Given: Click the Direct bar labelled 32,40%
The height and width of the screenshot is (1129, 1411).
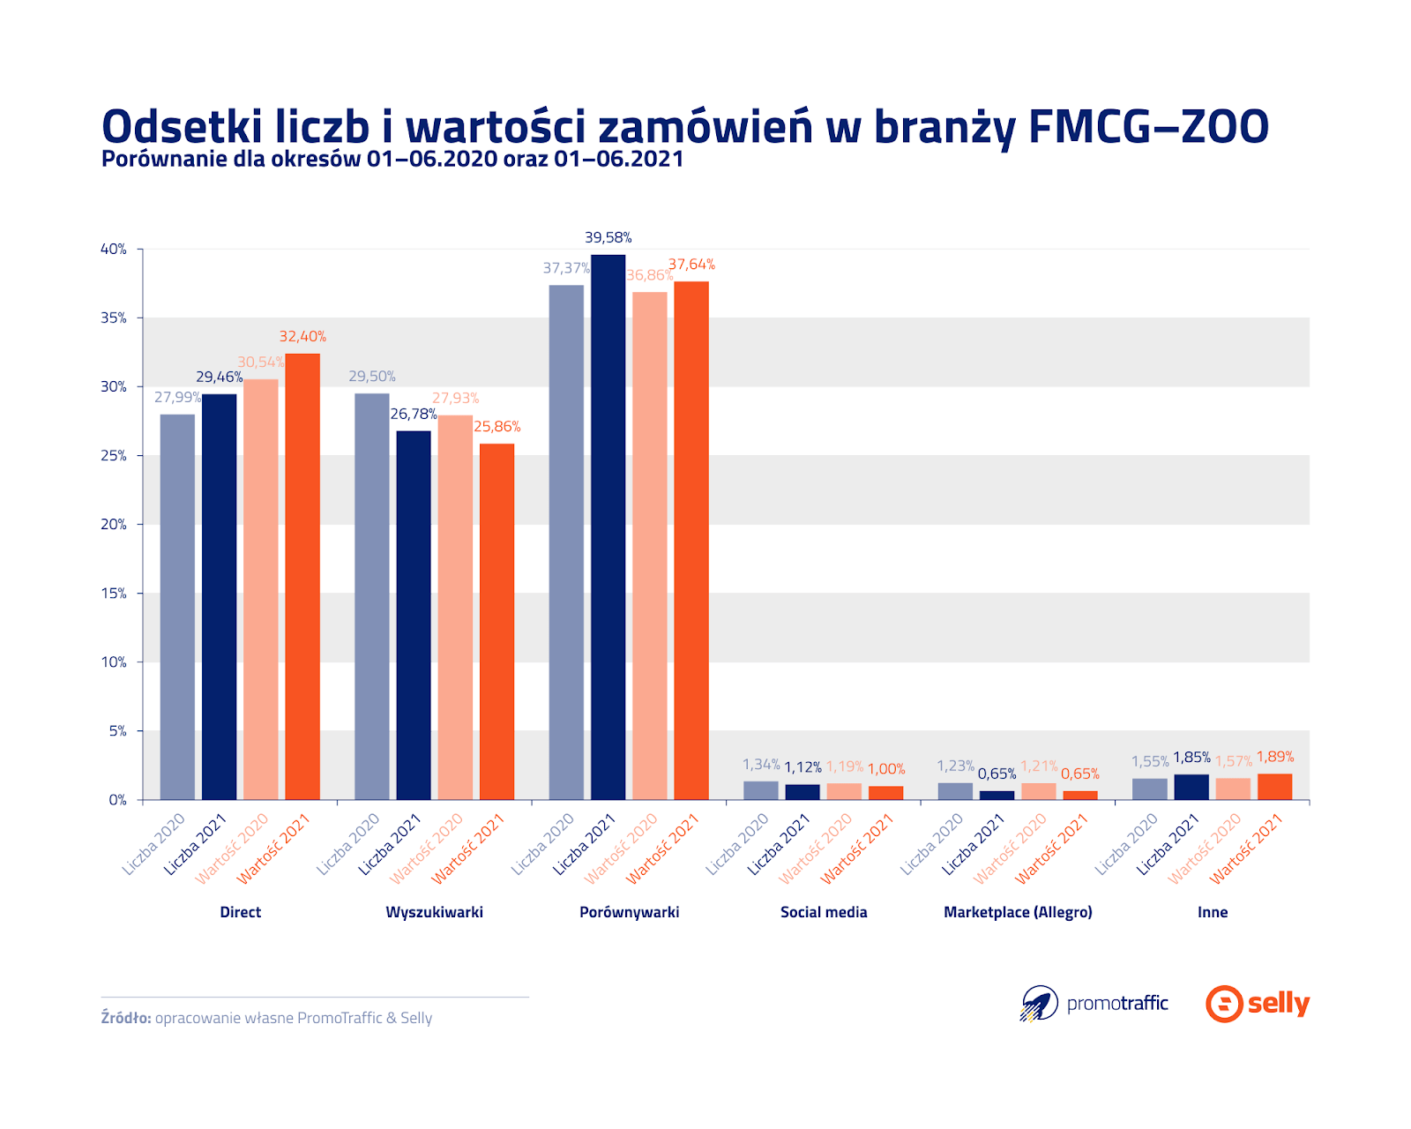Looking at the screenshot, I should pyautogui.click(x=302, y=577).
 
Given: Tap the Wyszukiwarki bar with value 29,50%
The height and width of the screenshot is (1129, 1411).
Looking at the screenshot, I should pyautogui.click(x=371, y=596).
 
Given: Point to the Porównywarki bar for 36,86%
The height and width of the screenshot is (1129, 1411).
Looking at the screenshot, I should pyautogui.click(x=649, y=546).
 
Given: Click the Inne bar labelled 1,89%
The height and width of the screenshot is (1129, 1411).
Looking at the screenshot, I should pyautogui.click(x=1274, y=787).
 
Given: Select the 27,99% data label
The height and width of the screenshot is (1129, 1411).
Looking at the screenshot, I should pyautogui.click(x=177, y=398).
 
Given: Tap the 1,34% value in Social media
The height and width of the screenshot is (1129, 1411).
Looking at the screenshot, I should pyautogui.click(x=760, y=765).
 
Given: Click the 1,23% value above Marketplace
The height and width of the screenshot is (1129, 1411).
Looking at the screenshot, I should pyautogui.click(x=955, y=766).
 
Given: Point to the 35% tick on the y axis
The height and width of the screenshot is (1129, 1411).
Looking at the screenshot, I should pyautogui.click(x=114, y=318).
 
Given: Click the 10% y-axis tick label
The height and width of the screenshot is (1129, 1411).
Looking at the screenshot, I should pyautogui.click(x=114, y=662).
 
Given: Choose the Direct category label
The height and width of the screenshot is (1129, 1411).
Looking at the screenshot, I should pyautogui.click(x=241, y=912).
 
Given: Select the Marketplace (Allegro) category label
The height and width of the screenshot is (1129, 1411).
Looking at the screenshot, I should pyautogui.click(x=1018, y=912).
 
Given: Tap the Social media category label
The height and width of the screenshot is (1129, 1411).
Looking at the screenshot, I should pyautogui.click(x=824, y=912).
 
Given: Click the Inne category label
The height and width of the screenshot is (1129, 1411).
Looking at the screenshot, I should pyautogui.click(x=1213, y=912).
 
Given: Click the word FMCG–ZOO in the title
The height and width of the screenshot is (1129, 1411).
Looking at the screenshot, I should pyautogui.click(x=1148, y=127).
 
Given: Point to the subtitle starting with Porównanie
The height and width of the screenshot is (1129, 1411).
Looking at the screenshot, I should pyautogui.click(x=392, y=159).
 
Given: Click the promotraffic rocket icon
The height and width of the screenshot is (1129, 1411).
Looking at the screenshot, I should pyautogui.click(x=1040, y=1004).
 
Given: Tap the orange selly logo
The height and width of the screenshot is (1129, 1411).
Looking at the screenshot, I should pyautogui.click(x=1258, y=1004).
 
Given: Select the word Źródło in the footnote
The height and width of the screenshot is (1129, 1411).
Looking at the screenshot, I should pyautogui.click(x=126, y=1018).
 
